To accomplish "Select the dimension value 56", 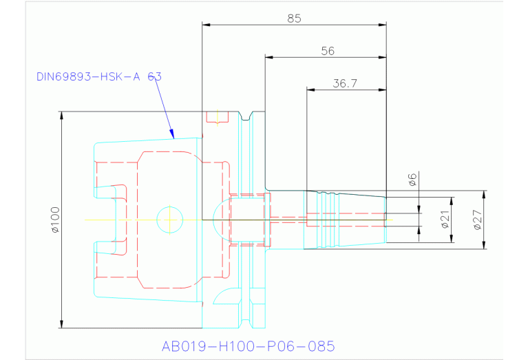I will pos(327,51).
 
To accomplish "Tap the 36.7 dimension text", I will pos(344,84).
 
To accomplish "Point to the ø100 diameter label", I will pos(55,219).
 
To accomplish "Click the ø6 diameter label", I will pos(412,180).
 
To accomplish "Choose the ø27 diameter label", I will pos(476,220).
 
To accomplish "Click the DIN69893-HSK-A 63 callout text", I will pos(98,76).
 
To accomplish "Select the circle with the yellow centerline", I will pos(170,220).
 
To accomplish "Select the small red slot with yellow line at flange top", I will pos(217,117).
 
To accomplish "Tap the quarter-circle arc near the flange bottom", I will pos(223,295).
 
